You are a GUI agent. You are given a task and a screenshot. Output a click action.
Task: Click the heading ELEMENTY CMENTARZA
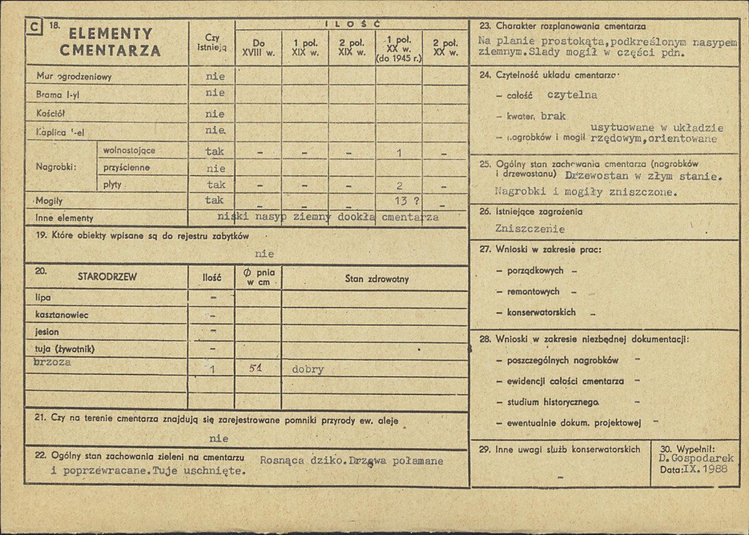[111, 42]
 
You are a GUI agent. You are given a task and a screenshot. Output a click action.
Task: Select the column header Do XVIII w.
[258, 48]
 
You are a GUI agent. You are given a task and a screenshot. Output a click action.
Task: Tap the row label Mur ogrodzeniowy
[74, 77]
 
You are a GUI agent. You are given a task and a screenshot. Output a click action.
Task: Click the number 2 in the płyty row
[399, 185]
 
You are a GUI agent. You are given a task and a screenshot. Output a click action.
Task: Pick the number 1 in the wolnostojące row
[399, 151]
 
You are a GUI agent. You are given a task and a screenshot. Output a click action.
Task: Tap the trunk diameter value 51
[255, 369]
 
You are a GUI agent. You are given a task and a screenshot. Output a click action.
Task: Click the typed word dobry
[308, 369]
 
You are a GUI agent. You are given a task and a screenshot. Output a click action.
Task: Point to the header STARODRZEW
[107, 277]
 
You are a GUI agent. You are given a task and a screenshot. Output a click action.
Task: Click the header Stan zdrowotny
[377, 279]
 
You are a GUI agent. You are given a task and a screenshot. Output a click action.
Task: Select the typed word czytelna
[572, 96]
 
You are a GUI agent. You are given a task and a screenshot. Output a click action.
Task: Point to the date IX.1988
[705, 469]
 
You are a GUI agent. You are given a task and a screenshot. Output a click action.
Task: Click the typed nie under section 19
[264, 254]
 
